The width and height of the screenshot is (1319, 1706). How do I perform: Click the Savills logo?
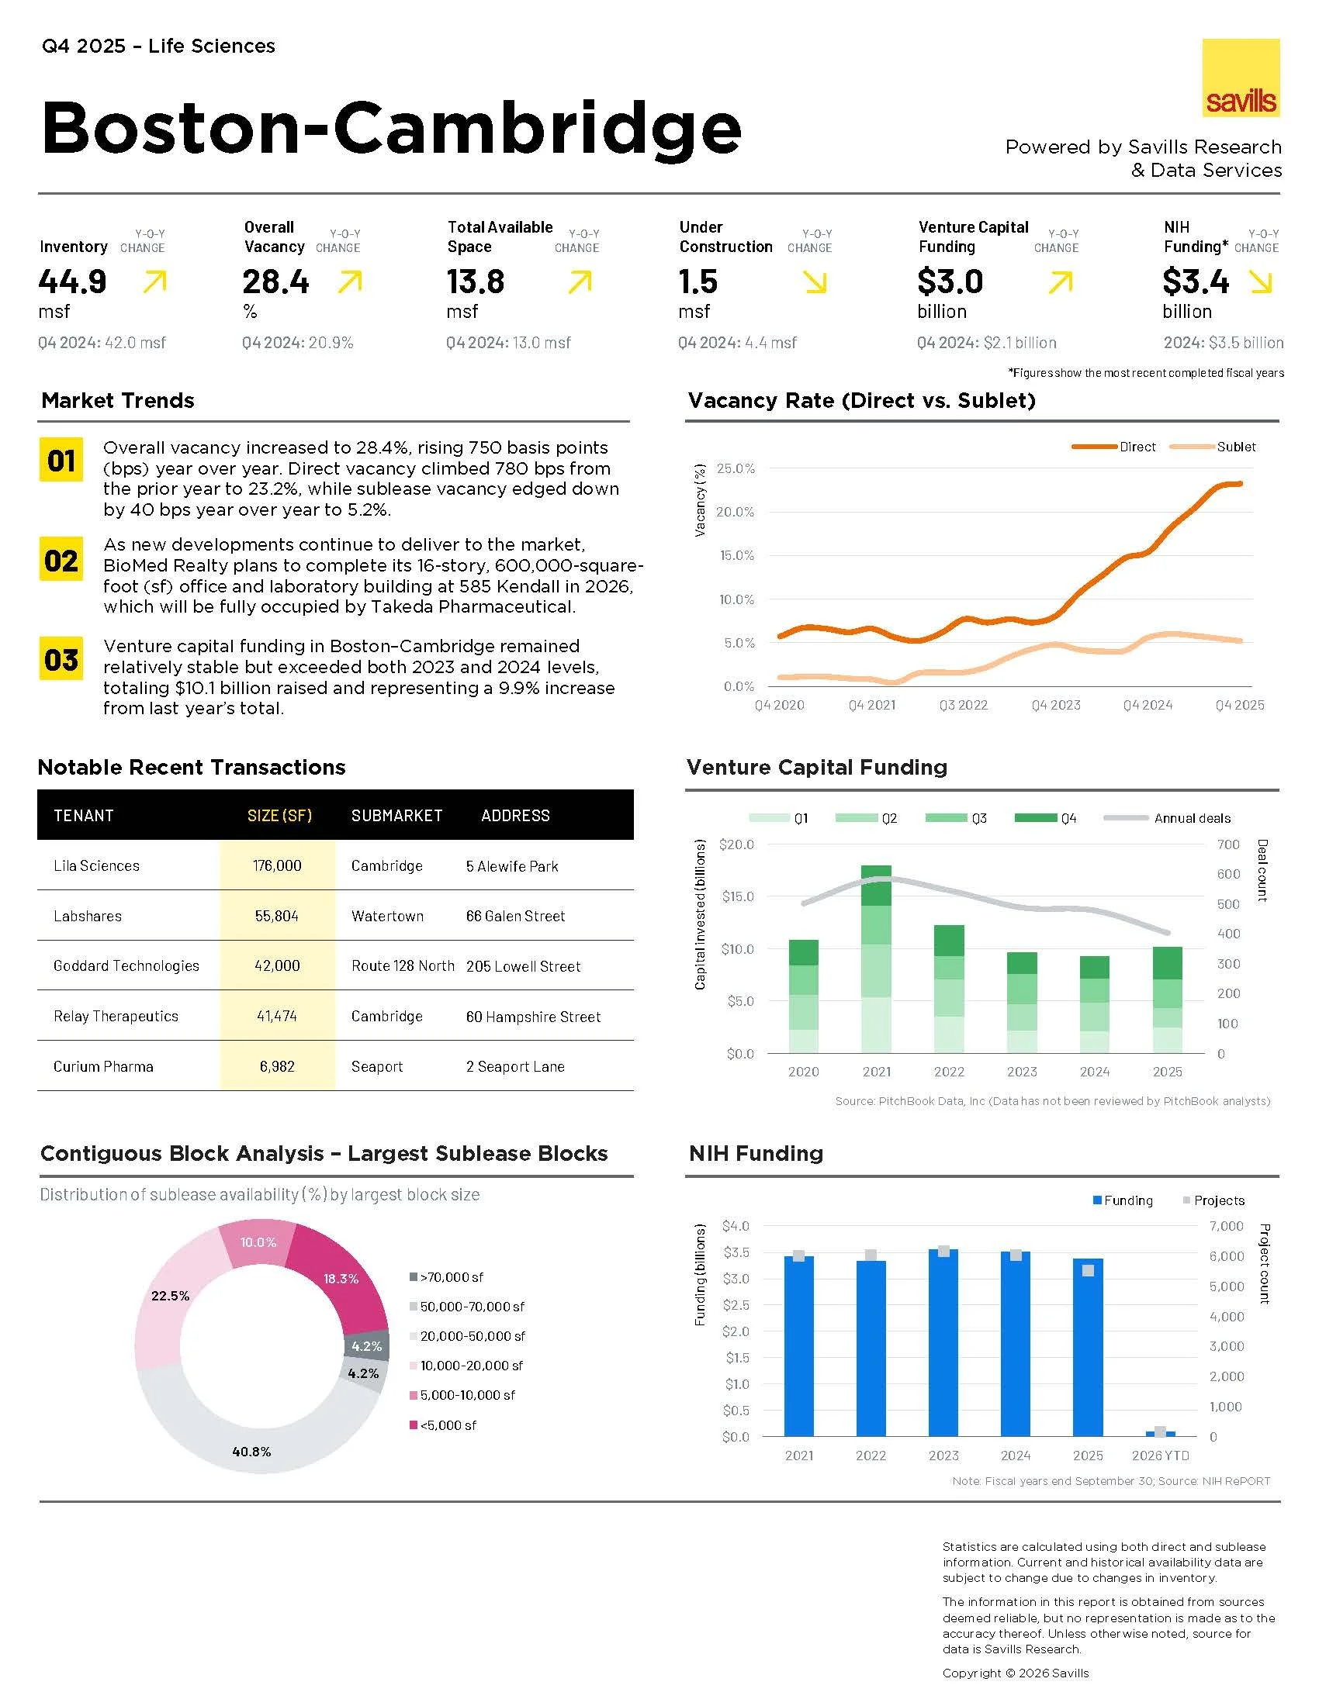tap(1240, 78)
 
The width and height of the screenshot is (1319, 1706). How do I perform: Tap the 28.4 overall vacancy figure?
tap(276, 282)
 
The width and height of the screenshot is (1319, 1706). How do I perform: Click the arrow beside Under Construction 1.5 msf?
tap(815, 283)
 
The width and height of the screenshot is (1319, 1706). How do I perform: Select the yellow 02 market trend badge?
tap(61, 560)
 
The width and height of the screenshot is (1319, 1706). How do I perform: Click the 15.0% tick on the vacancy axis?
tap(736, 555)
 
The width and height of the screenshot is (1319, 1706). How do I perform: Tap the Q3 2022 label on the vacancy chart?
tap(963, 706)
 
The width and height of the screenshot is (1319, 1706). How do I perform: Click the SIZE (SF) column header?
tap(279, 816)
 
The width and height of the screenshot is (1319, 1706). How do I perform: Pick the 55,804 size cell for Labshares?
tap(277, 916)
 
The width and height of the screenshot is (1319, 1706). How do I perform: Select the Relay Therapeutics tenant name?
tap(116, 1017)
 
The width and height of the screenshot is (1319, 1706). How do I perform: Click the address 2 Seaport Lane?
tap(515, 1066)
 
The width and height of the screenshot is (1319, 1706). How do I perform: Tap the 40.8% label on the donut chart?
tap(251, 1452)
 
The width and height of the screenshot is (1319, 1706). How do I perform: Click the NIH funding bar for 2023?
tap(943, 1344)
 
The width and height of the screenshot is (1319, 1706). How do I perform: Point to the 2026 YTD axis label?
tap(1160, 1456)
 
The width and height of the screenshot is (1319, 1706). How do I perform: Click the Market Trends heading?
tap(118, 401)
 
